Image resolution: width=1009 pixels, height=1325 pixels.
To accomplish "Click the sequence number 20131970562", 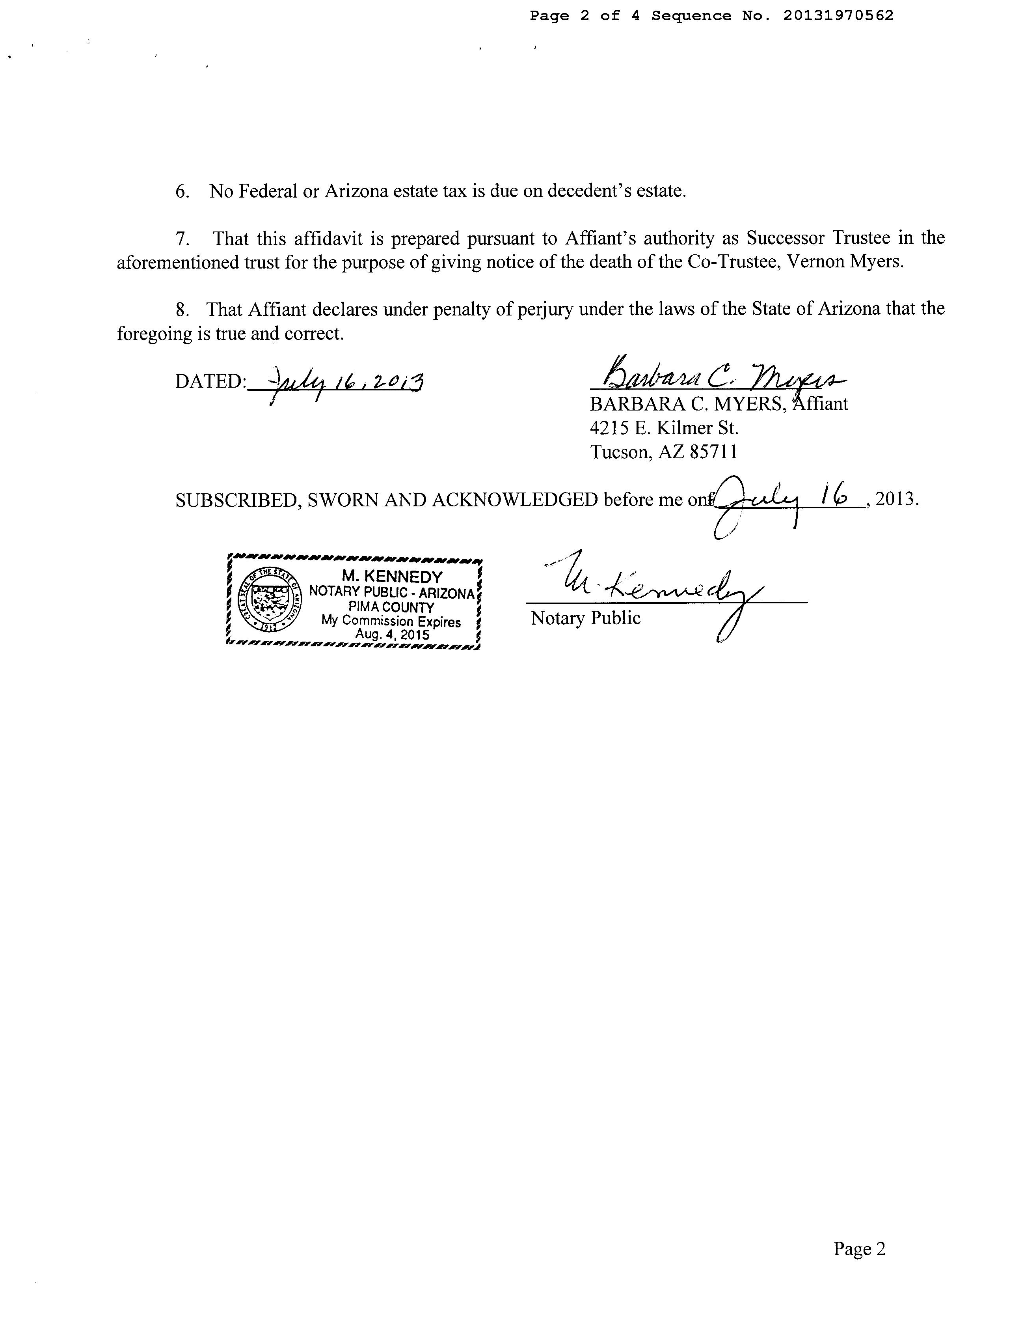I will tap(838, 16).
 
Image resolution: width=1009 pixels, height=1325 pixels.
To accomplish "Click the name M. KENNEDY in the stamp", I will tap(392, 577).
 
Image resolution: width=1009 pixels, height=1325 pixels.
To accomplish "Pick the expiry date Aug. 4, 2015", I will tap(392, 635).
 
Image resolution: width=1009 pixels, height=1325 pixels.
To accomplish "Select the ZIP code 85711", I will tap(713, 452).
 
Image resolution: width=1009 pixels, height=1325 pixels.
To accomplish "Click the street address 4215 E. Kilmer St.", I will tap(664, 428).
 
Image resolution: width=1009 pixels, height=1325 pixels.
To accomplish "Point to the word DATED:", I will tap(210, 382).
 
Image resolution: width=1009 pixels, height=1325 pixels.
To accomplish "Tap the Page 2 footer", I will tap(859, 1249).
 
